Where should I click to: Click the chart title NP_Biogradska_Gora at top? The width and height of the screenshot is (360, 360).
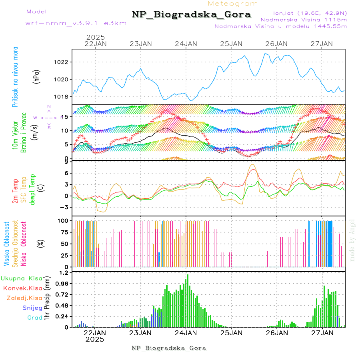point(191,15)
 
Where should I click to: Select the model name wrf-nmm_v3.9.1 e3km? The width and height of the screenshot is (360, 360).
point(76,23)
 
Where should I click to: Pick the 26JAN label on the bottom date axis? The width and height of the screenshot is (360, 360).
point(276,332)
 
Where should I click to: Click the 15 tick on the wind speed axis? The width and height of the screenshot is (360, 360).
point(66,116)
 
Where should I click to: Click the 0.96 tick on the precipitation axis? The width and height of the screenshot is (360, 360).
point(62,283)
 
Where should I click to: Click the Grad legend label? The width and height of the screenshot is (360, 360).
point(34,318)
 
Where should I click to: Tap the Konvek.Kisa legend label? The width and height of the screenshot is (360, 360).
point(22,288)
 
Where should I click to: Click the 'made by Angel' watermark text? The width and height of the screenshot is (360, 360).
point(352,240)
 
